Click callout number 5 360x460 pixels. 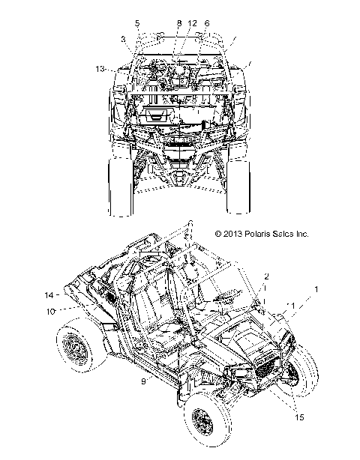click(137, 23)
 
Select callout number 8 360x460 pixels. click(179, 23)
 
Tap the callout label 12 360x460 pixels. click(192, 23)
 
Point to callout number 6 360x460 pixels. click(207, 23)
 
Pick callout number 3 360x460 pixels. click(123, 39)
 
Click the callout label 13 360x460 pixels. click(100, 69)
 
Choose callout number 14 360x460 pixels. click(49, 295)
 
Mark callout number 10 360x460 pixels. click(50, 311)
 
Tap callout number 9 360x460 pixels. click(143, 381)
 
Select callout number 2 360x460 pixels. click(266, 276)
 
